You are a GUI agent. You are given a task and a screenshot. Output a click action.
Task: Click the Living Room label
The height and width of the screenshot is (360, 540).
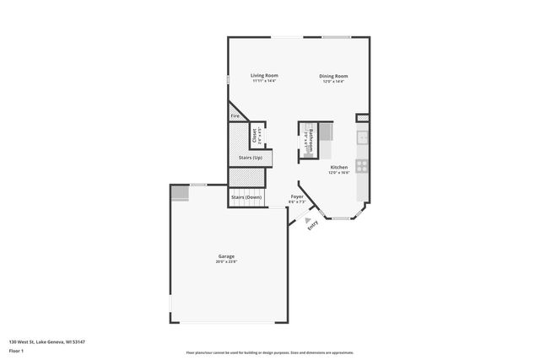point(264,76)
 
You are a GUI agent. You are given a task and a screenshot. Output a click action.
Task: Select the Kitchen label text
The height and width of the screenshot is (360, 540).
point(339,168)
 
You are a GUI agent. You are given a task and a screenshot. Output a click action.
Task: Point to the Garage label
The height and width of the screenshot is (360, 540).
point(226,256)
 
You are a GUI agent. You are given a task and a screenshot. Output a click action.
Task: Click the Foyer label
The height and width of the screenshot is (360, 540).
point(297,196)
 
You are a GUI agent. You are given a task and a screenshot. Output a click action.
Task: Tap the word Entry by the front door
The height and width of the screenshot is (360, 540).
point(312,225)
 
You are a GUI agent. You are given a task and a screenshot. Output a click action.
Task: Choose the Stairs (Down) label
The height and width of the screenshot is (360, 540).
point(246,197)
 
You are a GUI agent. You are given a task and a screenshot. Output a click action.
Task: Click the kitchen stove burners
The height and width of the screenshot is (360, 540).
point(361,166)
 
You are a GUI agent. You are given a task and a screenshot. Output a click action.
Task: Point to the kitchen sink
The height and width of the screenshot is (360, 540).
point(362,137)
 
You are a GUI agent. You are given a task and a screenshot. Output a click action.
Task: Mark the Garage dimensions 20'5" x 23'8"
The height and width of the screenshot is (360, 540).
point(226,261)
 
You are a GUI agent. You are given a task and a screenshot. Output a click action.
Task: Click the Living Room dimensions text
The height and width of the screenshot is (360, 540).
point(264,82)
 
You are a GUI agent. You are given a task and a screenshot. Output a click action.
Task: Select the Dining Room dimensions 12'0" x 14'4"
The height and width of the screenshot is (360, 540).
point(333,82)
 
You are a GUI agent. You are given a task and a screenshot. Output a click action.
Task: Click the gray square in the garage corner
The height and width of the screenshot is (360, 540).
point(180,193)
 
